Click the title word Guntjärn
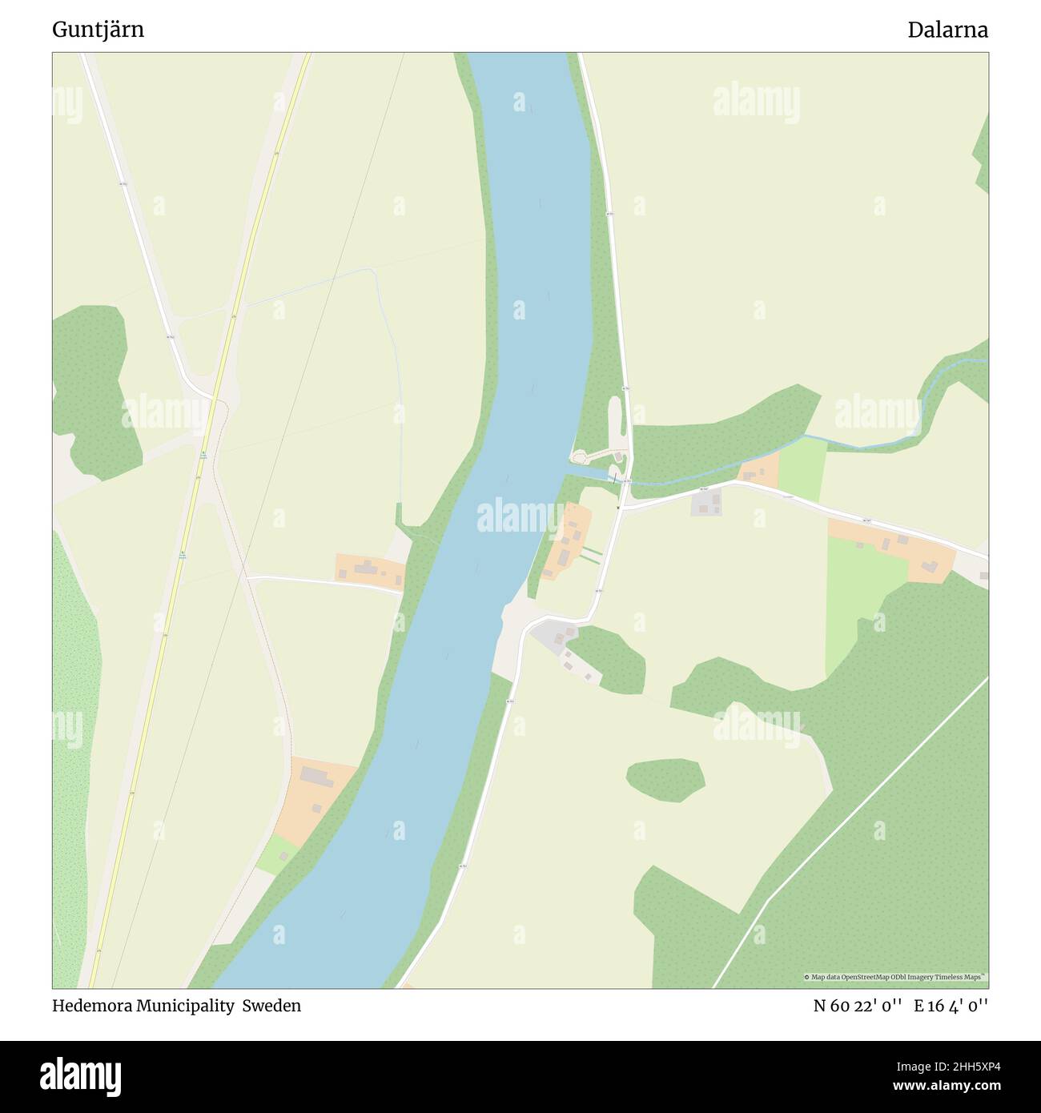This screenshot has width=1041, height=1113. click(x=98, y=30)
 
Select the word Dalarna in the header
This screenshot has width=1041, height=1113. click(x=947, y=30)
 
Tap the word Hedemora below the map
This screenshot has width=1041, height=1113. click(x=91, y=1006)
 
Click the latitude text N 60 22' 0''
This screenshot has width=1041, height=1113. click(x=858, y=1006)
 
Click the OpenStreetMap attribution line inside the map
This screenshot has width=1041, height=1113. click(x=895, y=977)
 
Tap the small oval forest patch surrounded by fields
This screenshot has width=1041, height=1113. click(x=665, y=778)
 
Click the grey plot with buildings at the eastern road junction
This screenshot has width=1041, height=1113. click(x=706, y=503)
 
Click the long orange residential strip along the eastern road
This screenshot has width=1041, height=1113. click(x=893, y=548)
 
